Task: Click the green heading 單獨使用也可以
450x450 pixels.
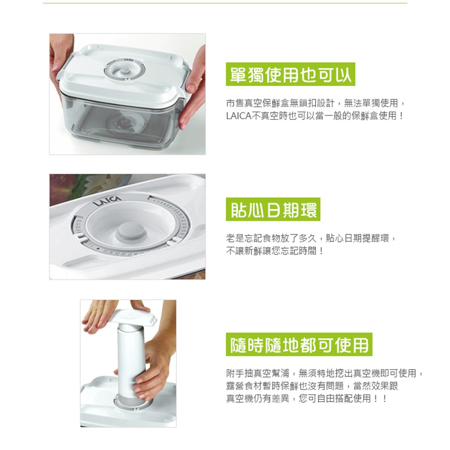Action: click(x=290, y=74)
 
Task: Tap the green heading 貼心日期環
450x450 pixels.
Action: click(x=273, y=209)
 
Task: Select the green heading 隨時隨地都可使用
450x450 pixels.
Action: click(x=299, y=345)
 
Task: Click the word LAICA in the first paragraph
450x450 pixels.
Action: click(x=238, y=116)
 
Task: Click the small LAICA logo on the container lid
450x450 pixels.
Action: click(x=128, y=60)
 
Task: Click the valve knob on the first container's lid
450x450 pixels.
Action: click(x=124, y=71)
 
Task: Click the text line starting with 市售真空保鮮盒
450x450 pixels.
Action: click(x=315, y=103)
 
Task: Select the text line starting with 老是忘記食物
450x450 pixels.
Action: click(x=311, y=238)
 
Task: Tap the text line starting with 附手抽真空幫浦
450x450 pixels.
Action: click(x=324, y=373)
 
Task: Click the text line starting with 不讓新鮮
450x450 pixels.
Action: click(x=275, y=251)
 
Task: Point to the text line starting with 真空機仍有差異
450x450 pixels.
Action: click(x=306, y=398)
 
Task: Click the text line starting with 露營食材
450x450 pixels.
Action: click(x=312, y=386)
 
